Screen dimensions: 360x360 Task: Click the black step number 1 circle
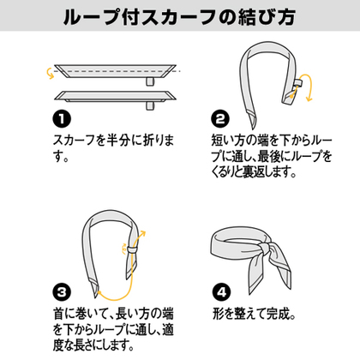point(62,119)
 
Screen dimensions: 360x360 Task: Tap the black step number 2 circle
point(220,119)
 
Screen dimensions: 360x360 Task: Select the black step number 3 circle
point(62,292)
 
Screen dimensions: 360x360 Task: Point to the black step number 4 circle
point(221,292)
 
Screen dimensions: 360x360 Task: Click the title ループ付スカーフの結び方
point(179,16)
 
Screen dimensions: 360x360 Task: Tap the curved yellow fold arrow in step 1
point(50,73)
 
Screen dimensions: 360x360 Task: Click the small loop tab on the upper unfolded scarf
point(150,81)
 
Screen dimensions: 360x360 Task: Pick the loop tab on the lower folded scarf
point(150,105)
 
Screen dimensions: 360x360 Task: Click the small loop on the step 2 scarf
point(298,83)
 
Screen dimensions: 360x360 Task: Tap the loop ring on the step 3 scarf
point(133,249)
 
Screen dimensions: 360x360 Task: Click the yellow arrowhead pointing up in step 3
point(142,234)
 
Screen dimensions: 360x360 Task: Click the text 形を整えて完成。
point(254,314)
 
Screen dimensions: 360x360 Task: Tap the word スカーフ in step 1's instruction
point(74,141)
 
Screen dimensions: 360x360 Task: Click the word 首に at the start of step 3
point(64,314)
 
